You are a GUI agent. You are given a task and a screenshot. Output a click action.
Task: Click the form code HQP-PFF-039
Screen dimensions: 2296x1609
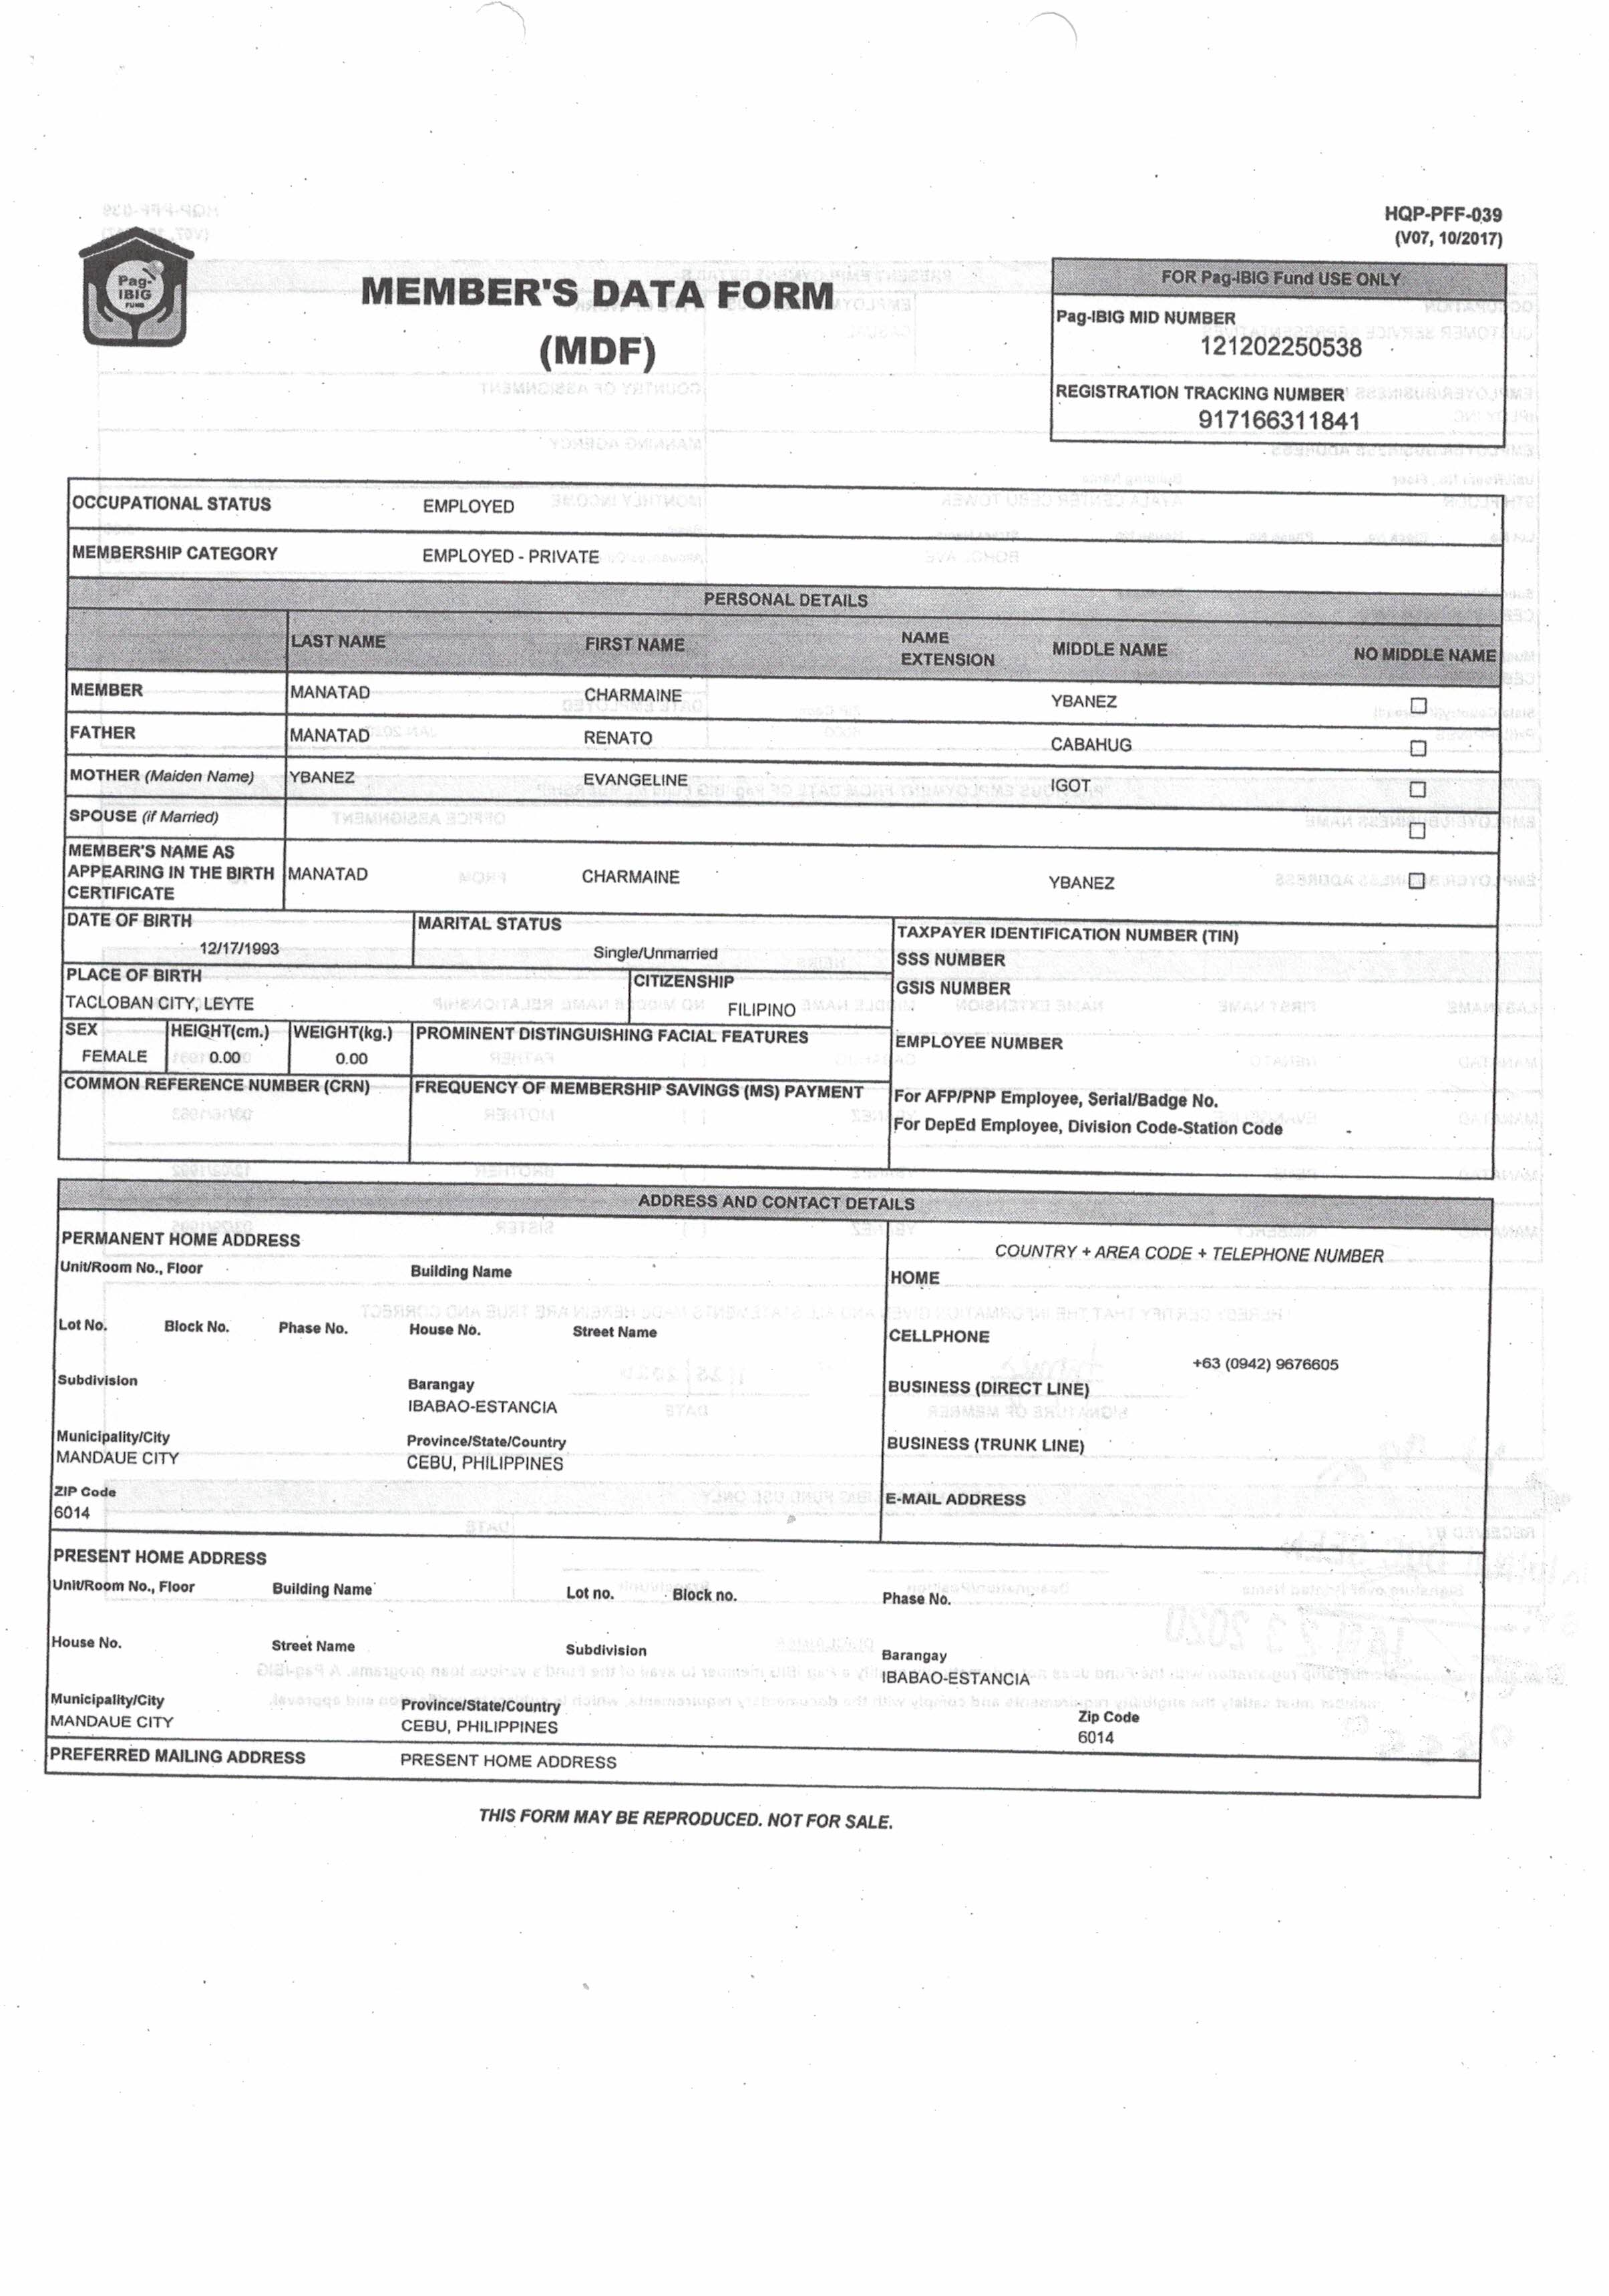(x=1442, y=214)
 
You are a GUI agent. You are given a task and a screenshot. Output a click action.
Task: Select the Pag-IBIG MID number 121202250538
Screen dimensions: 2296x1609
(x=1280, y=347)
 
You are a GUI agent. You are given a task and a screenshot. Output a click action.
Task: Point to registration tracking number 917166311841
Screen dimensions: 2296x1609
(x=1279, y=420)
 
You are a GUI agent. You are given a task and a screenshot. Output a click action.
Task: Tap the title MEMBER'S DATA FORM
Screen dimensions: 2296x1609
(x=597, y=294)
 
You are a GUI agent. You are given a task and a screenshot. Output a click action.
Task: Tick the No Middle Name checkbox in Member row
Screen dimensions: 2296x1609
(x=1418, y=705)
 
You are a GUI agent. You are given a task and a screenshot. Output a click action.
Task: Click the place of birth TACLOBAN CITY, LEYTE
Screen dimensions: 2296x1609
(x=159, y=1003)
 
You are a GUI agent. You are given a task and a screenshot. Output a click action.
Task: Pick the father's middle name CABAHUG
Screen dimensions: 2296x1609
(x=1091, y=745)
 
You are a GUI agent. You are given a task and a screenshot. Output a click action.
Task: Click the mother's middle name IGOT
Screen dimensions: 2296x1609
(x=1070, y=786)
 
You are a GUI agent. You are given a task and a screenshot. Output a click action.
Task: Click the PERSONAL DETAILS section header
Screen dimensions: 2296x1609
(x=785, y=600)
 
